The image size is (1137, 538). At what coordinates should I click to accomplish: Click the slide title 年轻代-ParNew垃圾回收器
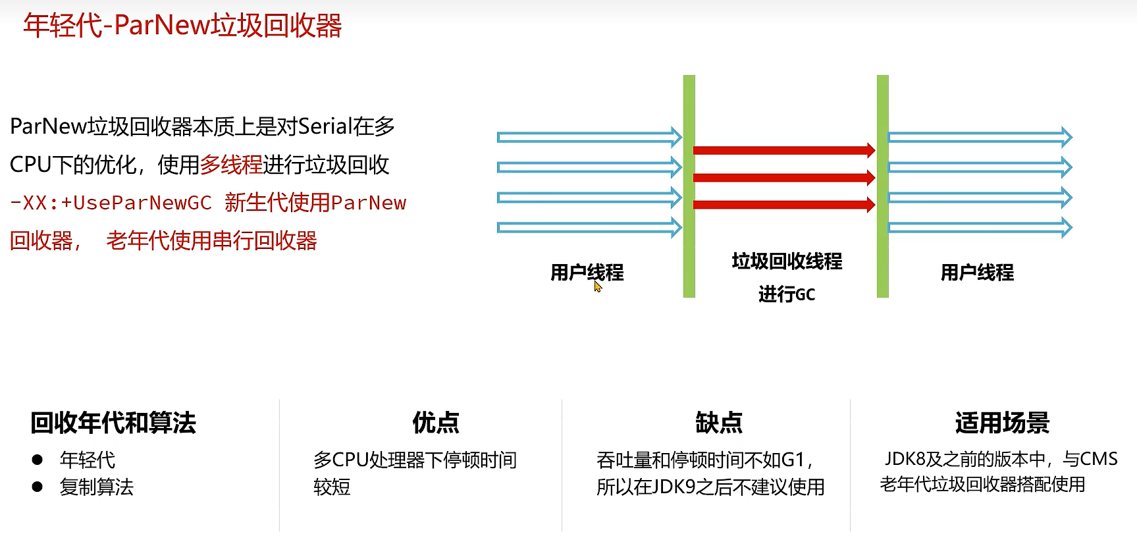tap(182, 26)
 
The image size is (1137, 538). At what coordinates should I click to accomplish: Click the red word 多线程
tap(231, 165)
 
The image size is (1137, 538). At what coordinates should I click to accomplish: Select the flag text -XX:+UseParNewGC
tap(111, 203)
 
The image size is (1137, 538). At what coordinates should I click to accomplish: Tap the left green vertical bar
tap(689, 186)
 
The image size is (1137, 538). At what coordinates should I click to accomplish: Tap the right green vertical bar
tap(883, 186)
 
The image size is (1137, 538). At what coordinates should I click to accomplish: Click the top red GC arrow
tap(783, 150)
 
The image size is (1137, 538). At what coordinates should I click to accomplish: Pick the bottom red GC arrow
tap(783, 205)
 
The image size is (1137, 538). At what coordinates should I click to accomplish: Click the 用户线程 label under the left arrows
tap(587, 272)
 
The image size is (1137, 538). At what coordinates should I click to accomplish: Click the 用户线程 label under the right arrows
tap(977, 272)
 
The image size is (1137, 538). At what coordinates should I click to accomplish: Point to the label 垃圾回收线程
tap(787, 261)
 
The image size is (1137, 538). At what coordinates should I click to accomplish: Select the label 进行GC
tap(787, 294)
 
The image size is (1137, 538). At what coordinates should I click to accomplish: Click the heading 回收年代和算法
tap(113, 423)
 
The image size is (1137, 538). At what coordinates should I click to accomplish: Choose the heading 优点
tap(436, 423)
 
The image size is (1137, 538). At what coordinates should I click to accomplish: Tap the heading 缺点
tap(719, 423)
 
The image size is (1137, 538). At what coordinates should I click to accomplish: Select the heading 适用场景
tap(1002, 423)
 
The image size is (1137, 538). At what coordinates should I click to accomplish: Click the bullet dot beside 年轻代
tap(38, 460)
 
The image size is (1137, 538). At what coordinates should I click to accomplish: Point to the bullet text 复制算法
tap(97, 487)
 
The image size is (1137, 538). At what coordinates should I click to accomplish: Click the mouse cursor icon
tap(598, 287)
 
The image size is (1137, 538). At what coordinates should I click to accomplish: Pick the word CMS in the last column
tap(1099, 459)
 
